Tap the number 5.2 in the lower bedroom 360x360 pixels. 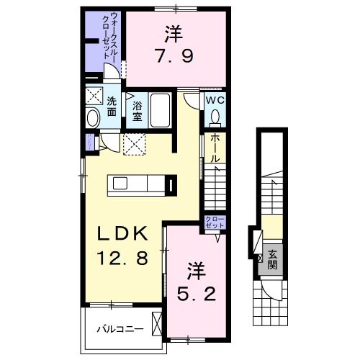pyautogui.click(x=194, y=294)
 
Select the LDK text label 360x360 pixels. pyautogui.click(x=123, y=233)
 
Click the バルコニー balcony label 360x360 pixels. pyautogui.click(x=120, y=329)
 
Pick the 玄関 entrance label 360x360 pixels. pyautogui.click(x=273, y=258)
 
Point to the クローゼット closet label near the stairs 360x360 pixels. pyautogui.click(x=215, y=222)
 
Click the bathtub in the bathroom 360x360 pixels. pyautogui.click(x=160, y=112)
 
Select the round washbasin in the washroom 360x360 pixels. pyautogui.click(x=93, y=118)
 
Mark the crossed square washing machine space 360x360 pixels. pyautogui.click(x=94, y=96)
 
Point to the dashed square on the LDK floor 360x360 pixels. pyautogui.click(x=135, y=144)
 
